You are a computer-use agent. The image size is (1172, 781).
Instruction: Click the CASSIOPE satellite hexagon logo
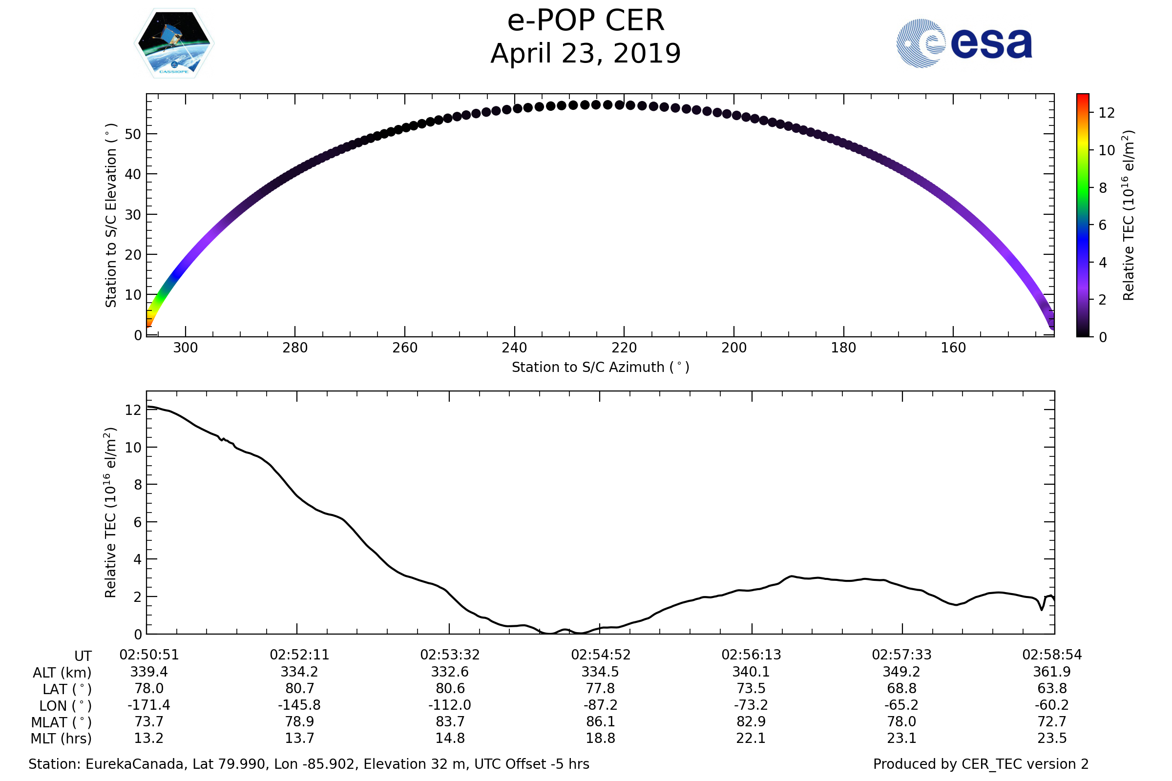pos(174,43)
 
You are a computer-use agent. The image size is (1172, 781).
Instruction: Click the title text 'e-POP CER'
pos(586,21)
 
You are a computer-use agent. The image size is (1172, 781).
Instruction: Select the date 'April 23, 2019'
pos(586,54)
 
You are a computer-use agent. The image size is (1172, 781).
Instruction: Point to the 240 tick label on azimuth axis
pos(514,348)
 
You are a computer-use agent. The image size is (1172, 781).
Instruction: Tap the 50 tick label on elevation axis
pos(132,135)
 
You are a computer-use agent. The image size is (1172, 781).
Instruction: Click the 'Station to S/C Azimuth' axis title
pos(601,368)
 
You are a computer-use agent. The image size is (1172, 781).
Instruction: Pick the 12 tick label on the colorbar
pos(1106,113)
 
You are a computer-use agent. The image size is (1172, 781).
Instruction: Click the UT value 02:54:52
pos(601,655)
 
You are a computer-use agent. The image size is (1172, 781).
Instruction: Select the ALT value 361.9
pos(1052,672)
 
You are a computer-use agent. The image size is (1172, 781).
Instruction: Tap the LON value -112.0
pos(449,705)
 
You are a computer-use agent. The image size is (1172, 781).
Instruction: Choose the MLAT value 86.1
pos(601,722)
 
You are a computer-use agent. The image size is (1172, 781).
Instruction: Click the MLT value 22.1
pos(751,738)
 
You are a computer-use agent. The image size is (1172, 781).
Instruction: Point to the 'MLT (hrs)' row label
pos(62,739)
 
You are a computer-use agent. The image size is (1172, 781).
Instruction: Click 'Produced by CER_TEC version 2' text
pos(981,764)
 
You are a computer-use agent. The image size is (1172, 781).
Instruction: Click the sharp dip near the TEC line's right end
pos(1042,609)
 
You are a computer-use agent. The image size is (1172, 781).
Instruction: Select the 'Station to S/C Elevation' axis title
pos(111,215)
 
